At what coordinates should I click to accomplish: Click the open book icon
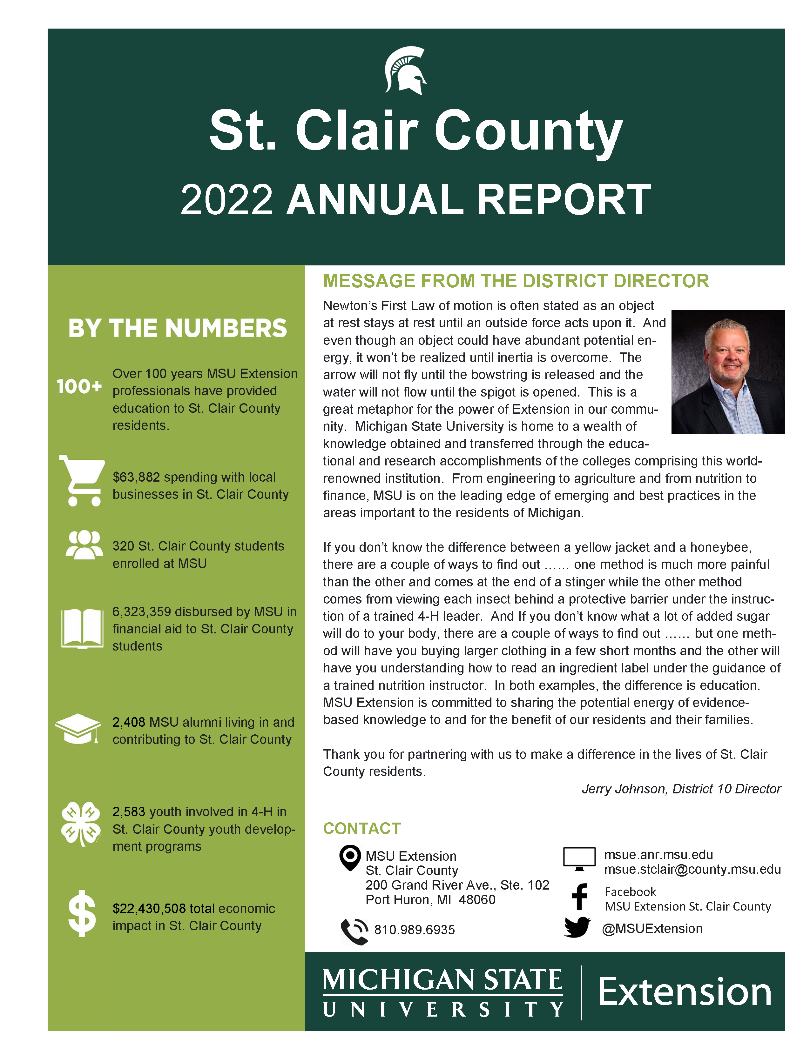(82, 629)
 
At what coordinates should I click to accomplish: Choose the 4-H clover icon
(80, 824)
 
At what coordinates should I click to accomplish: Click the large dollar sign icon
(82, 913)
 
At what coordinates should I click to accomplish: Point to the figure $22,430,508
(149, 909)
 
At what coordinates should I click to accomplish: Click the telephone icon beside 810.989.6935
(354, 931)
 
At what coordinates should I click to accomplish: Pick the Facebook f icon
(579, 897)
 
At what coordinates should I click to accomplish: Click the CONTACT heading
(361, 829)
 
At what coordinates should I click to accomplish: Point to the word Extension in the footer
(685, 992)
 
